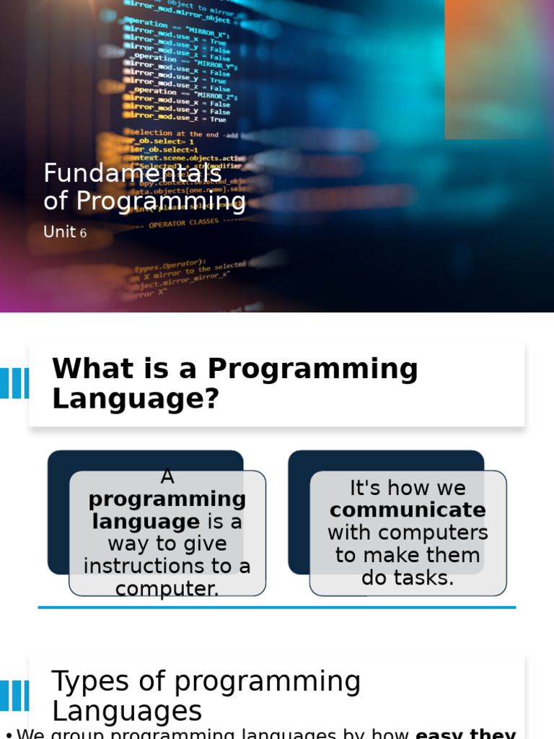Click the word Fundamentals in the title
(133, 173)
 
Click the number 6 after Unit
(83, 234)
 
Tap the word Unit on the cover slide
(59, 232)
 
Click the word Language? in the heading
(135, 398)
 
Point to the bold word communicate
(408, 510)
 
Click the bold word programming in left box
(167, 499)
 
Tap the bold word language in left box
(146, 521)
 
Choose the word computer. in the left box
(167, 589)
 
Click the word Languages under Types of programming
(127, 712)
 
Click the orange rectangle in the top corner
(498, 69)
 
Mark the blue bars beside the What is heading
(14, 383)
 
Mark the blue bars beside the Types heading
(14, 696)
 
